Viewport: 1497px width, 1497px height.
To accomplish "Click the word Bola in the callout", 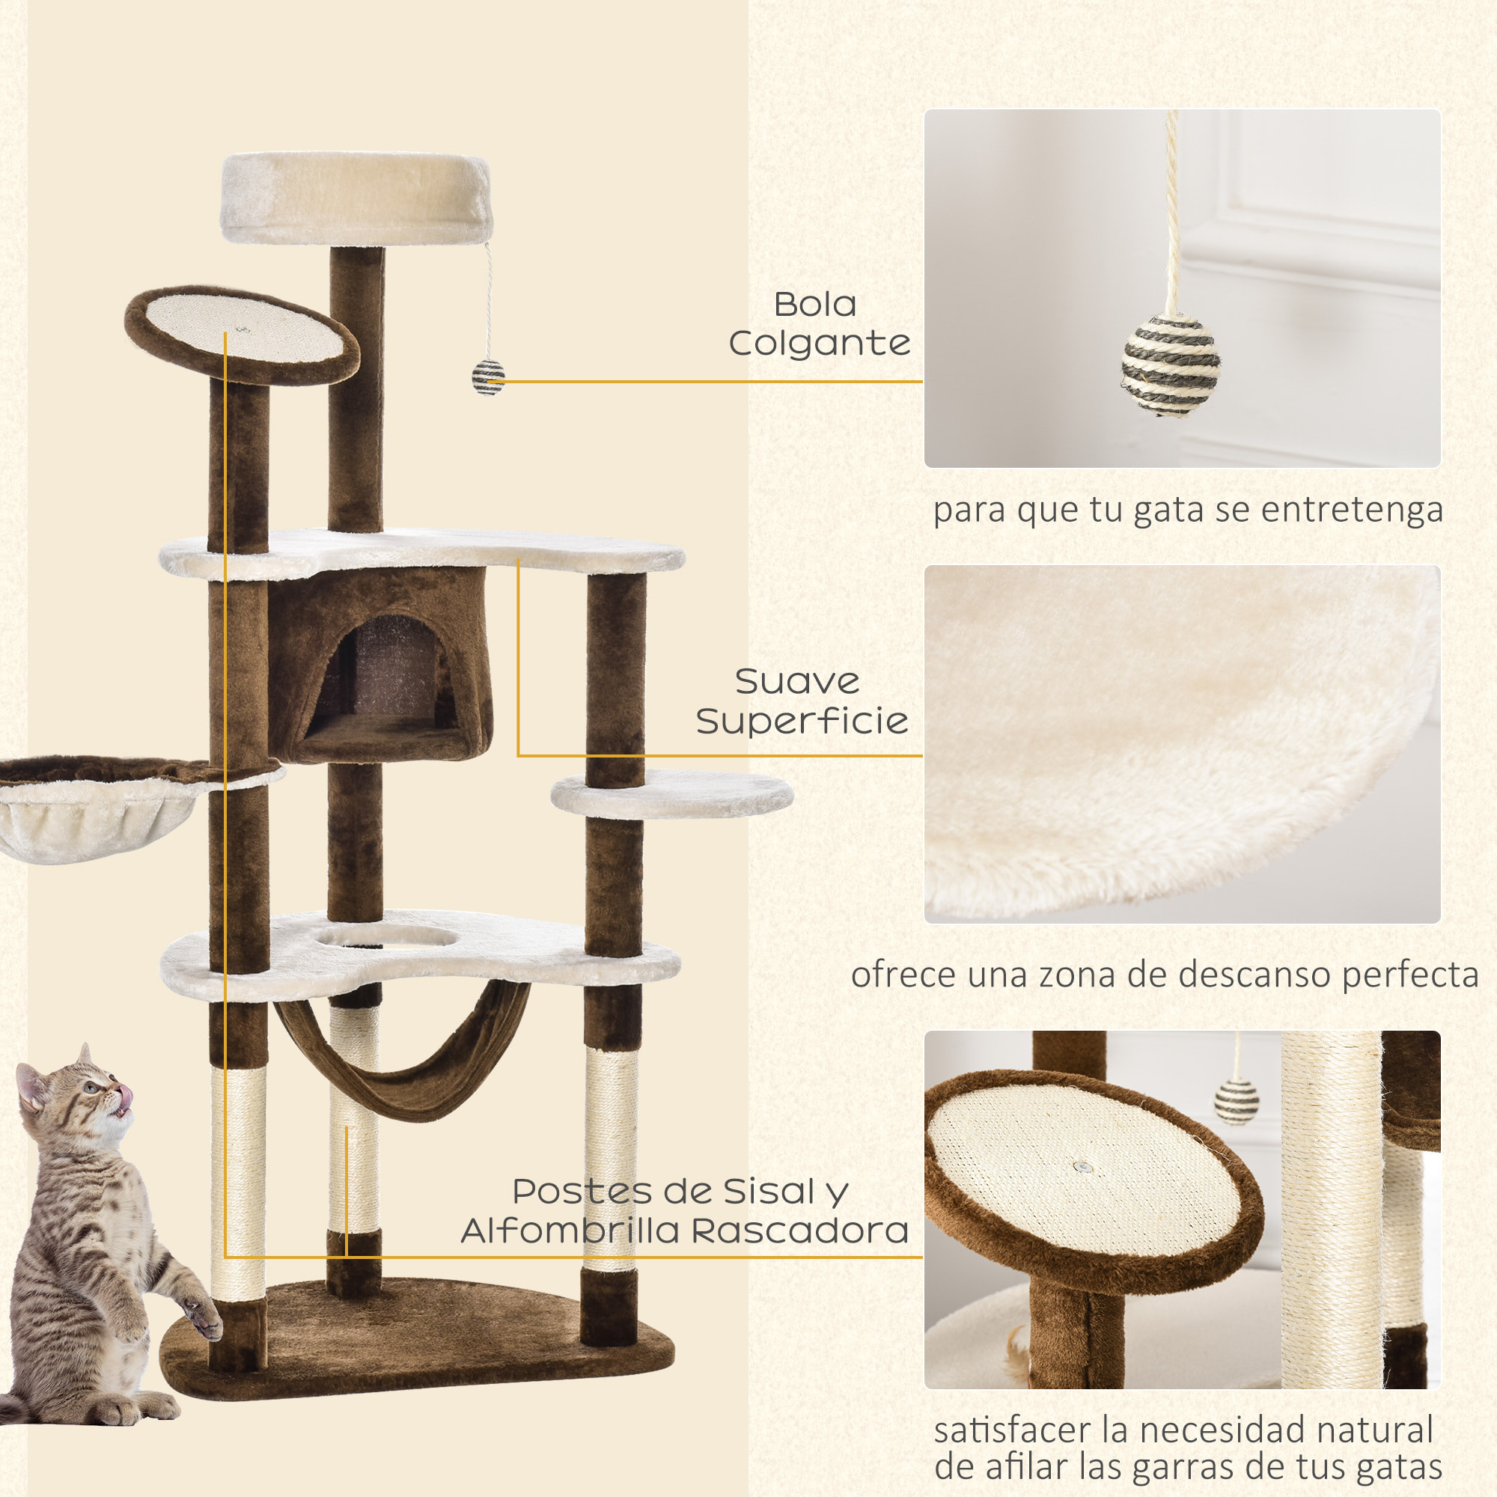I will (x=815, y=305).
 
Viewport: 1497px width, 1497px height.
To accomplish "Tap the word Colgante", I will (x=819, y=344).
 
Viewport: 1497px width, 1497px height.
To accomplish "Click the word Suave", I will (x=796, y=682).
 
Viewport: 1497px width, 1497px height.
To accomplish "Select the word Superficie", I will (x=801, y=722).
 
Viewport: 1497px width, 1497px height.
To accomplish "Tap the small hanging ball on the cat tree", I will (x=488, y=377).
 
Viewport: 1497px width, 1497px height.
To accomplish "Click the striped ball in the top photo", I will (x=1170, y=365).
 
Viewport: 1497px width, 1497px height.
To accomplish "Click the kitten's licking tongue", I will (x=126, y=1097).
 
